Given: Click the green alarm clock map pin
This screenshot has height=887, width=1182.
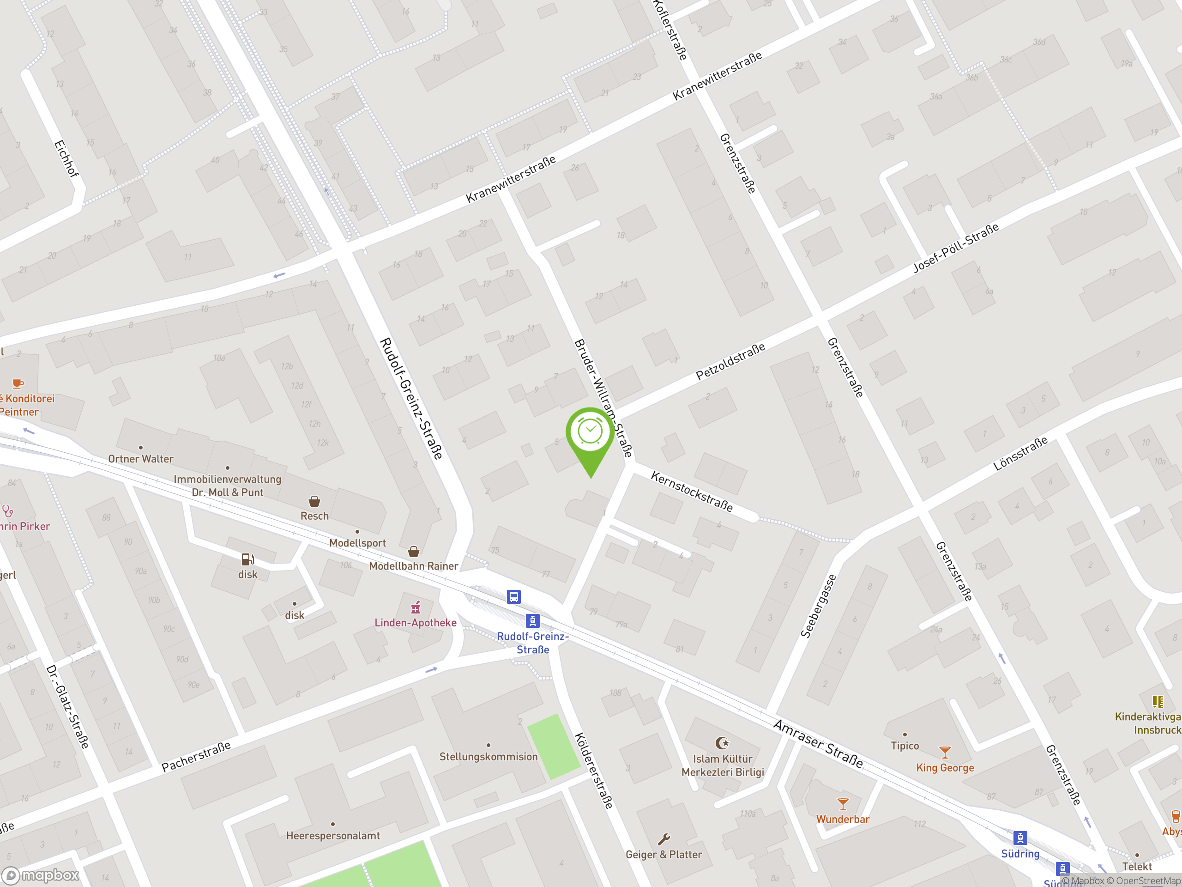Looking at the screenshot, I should (x=590, y=433).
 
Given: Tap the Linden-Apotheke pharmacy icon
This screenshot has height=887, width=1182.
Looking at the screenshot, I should (x=415, y=608).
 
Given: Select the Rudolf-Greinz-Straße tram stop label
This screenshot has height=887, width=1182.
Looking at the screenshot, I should (x=532, y=643).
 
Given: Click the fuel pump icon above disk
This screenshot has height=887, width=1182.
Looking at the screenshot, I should (x=247, y=559).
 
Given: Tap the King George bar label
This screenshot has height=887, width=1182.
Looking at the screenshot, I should (x=945, y=768).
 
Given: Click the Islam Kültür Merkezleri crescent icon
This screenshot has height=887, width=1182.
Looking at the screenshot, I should (x=722, y=743).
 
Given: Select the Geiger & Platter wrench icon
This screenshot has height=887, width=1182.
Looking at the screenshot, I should (x=663, y=839).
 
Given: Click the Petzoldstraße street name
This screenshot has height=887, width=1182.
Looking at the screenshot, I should (x=730, y=361).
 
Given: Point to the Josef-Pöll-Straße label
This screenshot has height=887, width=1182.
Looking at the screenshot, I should (x=955, y=248).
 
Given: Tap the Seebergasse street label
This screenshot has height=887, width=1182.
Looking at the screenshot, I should (x=818, y=606).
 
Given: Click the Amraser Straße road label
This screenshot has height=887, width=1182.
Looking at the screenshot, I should (x=818, y=744).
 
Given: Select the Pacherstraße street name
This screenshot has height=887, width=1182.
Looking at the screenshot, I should (x=196, y=757).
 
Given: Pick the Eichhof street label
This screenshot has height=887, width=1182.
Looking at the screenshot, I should (x=66, y=158).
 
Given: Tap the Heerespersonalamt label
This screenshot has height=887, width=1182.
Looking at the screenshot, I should (x=333, y=836).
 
